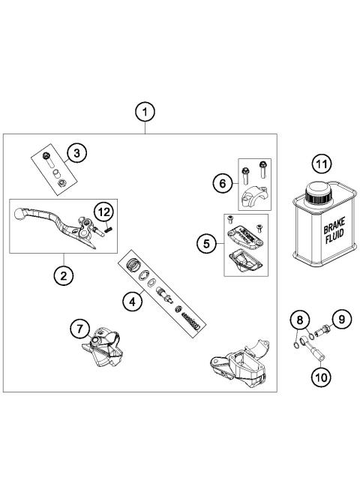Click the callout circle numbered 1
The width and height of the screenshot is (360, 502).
coord(145,112)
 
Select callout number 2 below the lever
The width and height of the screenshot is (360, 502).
coord(63,275)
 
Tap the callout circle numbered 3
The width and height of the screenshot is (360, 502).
coord(76,153)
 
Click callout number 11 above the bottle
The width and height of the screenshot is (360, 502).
coord(320,162)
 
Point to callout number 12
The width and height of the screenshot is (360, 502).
coord(103,212)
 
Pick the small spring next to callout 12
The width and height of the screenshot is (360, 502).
coord(108,230)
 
